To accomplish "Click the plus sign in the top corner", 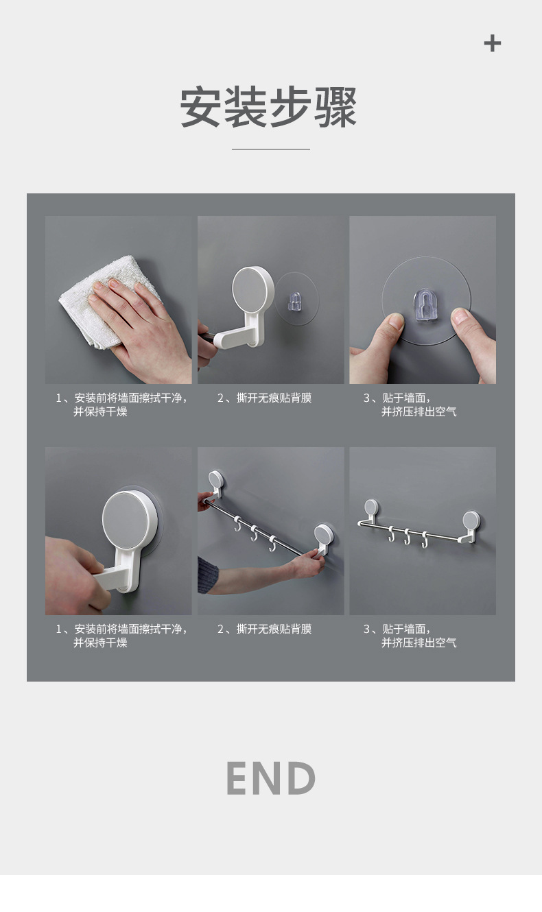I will [492, 44].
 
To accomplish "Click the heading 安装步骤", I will [269, 108].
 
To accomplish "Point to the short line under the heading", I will [270, 149].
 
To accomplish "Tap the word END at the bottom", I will [270, 778].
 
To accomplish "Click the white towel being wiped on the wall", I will [89, 302].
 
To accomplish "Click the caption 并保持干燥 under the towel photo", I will [100, 412].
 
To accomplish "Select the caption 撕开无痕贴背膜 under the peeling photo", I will [273, 398].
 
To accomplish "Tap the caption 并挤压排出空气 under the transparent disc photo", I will [419, 412].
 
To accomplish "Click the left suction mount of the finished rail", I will [371, 511].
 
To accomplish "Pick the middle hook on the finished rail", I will [408, 536].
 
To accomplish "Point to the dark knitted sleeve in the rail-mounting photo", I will [208, 575].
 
